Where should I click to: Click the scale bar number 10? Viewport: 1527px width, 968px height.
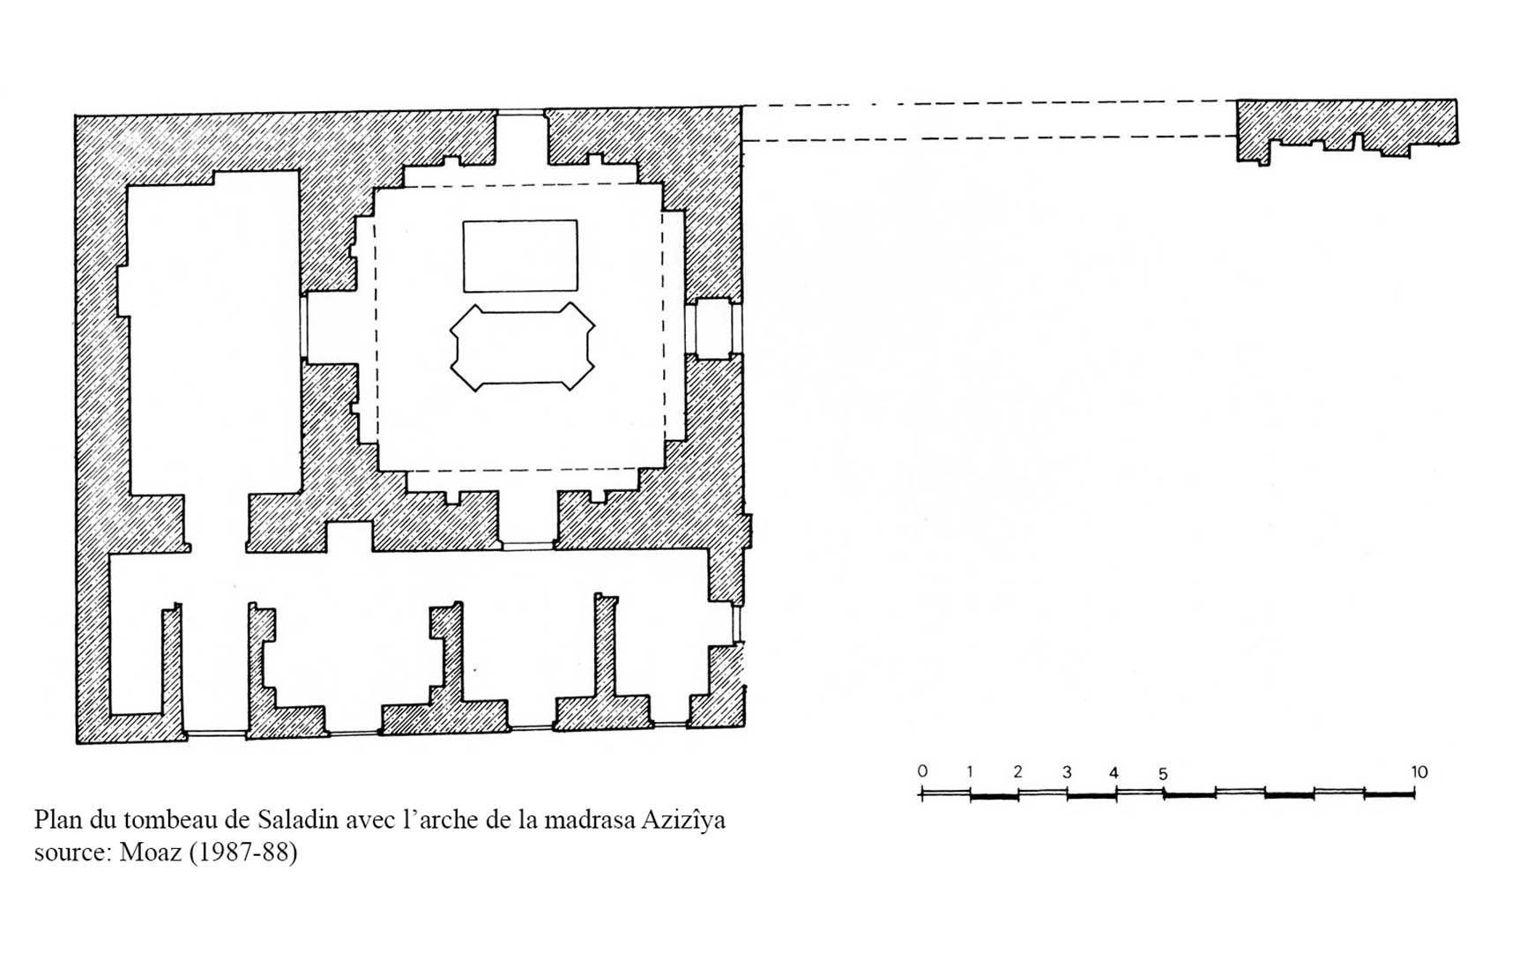pos(1419,772)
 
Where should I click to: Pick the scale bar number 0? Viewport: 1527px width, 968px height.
pos(922,771)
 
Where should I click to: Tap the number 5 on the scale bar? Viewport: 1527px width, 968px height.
pos(1163,774)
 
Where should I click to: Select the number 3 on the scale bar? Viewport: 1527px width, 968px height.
pos(1066,772)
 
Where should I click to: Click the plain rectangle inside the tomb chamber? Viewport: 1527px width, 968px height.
pos(520,256)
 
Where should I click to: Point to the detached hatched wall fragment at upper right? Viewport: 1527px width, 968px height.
pos(1346,128)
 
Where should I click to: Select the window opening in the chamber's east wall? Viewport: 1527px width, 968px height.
pos(713,328)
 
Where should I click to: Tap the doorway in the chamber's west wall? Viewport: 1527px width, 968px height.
pos(330,328)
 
